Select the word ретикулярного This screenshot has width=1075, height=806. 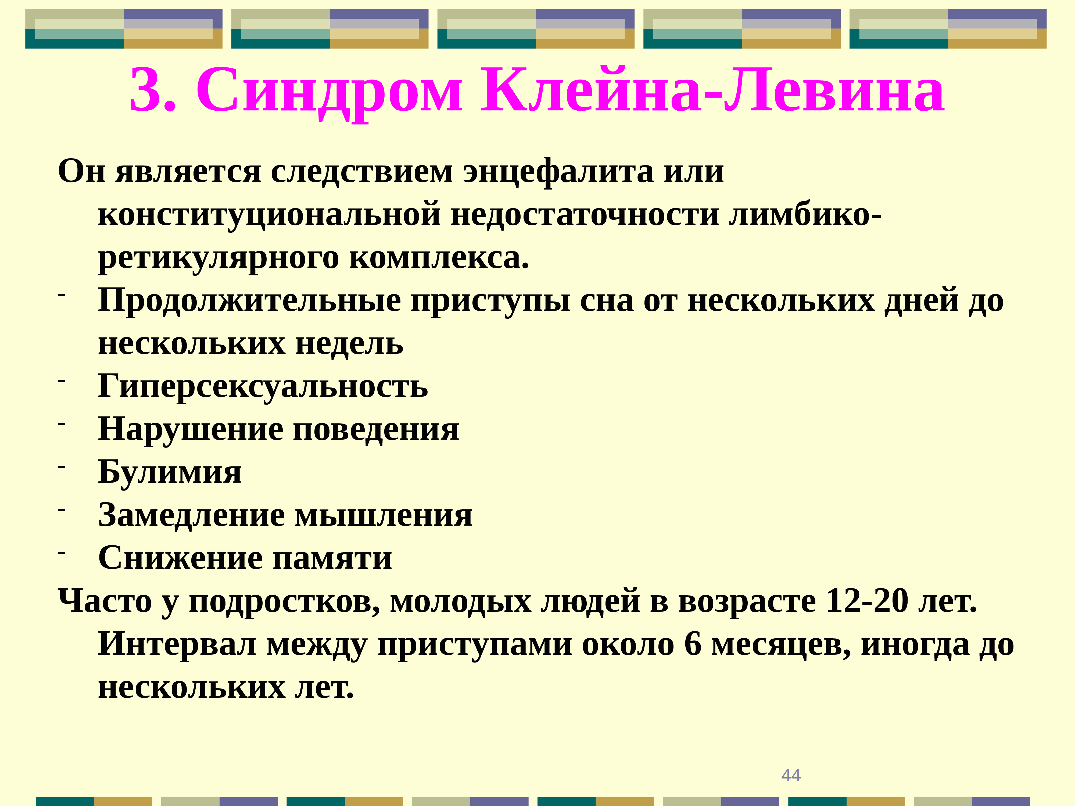coord(218,258)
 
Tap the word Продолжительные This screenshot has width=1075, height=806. coord(249,300)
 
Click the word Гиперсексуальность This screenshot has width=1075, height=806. coord(263,386)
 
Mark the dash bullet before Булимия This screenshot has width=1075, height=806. coord(62,466)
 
